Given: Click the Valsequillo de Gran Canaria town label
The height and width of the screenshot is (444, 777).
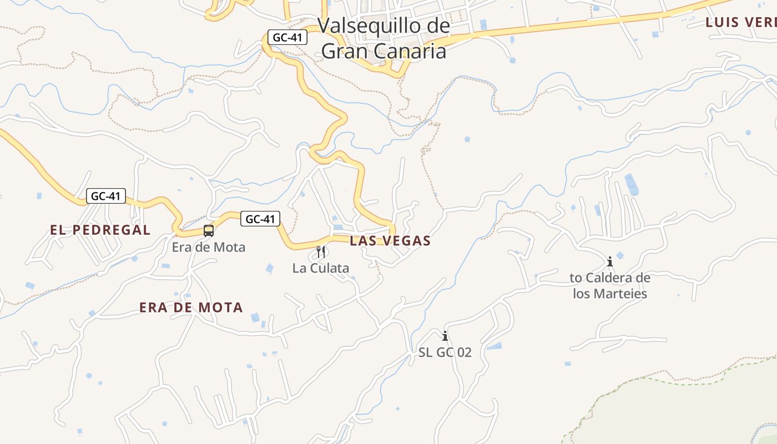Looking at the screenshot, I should point(384,38).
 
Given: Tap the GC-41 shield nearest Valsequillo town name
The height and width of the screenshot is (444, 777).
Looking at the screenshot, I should point(287,37).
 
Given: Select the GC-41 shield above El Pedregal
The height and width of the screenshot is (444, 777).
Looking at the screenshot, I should point(106,196).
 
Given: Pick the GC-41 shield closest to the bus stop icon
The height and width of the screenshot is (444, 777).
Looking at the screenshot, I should point(260,219).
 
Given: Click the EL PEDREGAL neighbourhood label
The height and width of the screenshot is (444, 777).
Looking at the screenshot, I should point(100,230).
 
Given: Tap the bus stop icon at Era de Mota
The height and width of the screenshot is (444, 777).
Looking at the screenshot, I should point(209,231).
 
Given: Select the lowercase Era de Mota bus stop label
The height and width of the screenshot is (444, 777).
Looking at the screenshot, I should point(209,247).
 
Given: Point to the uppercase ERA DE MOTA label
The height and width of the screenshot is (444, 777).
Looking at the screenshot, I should point(191,307).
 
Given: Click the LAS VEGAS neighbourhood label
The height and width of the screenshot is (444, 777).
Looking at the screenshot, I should point(390,241).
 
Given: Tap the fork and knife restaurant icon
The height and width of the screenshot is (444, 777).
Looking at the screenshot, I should point(321,252).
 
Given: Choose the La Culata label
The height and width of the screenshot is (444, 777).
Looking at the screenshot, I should point(321,268).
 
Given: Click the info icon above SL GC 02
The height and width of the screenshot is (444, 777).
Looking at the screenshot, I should point(445,336).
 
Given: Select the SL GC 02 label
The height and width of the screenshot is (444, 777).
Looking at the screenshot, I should point(445,352).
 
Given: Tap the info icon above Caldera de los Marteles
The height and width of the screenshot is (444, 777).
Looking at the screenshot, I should point(610,261).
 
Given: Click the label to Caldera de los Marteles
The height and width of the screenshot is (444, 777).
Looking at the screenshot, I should point(610,285).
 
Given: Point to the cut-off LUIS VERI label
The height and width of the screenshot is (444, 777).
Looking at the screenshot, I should point(740,23).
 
